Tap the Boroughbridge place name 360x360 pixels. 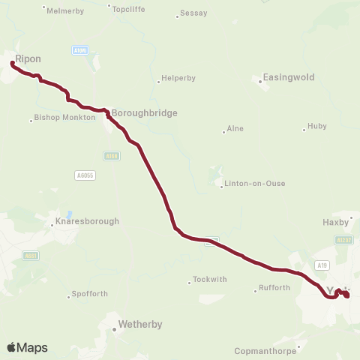[145, 113]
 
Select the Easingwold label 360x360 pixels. [289, 77]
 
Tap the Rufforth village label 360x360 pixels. [274, 288]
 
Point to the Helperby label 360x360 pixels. [179, 81]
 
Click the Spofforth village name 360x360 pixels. [91, 293]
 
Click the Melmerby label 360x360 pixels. [62, 10]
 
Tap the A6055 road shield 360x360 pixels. [85, 175]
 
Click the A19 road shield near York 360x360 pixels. [322, 265]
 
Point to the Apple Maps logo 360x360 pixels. [27, 347]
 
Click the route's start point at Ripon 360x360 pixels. [12, 64]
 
